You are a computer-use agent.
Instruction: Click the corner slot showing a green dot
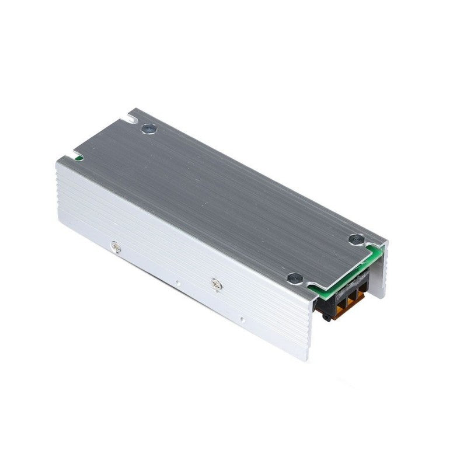click(76, 156)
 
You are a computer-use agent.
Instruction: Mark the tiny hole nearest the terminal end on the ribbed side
click(241, 319)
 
